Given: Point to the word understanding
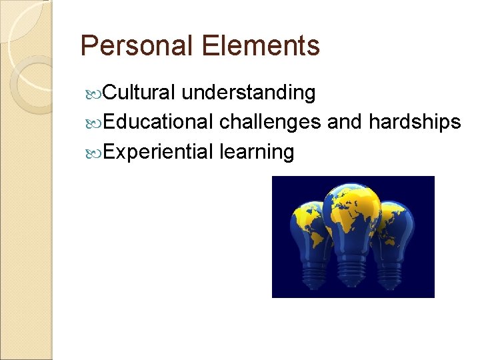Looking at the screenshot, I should (x=249, y=93).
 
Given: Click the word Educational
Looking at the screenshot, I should (x=159, y=122).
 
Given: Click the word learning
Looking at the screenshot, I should (x=257, y=152).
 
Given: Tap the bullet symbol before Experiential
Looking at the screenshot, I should (x=94, y=153).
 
